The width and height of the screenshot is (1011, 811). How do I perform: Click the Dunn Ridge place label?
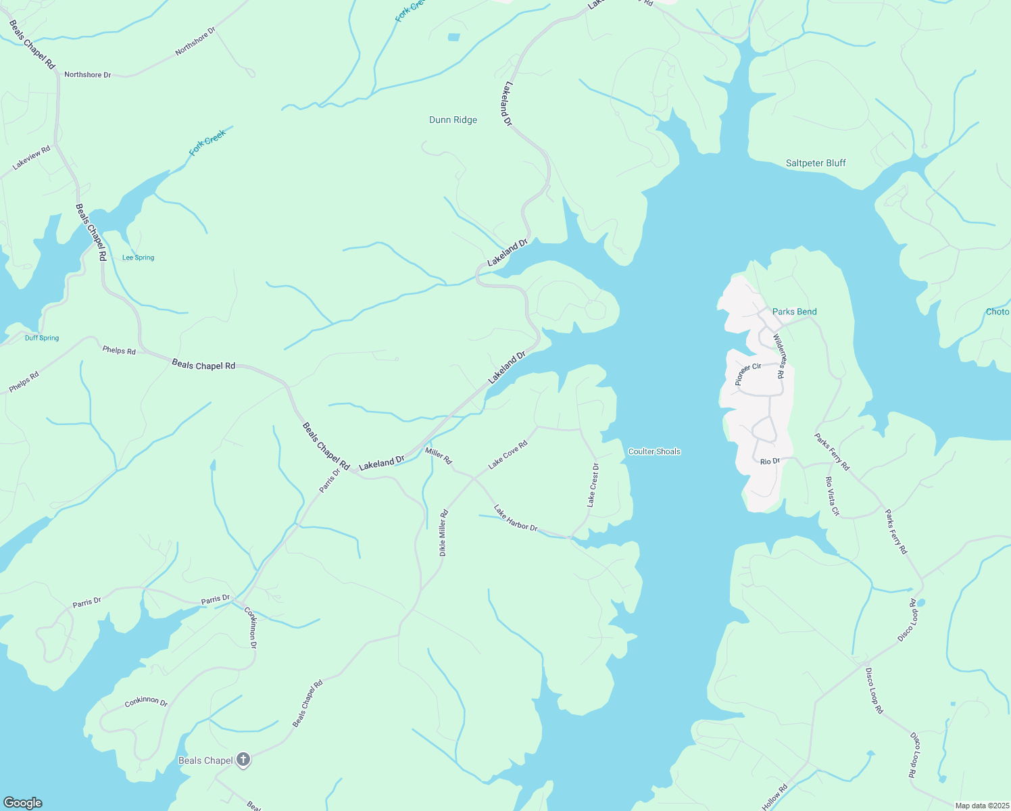(x=453, y=120)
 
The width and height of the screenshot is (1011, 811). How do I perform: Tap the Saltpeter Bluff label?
(x=816, y=163)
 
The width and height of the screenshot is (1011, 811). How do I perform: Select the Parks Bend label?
(x=794, y=312)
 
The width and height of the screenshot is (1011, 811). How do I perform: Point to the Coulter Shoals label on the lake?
(x=654, y=451)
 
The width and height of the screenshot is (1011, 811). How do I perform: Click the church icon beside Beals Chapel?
(x=243, y=760)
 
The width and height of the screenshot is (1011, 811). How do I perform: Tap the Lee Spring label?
(x=138, y=257)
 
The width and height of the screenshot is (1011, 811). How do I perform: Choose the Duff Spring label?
(x=42, y=338)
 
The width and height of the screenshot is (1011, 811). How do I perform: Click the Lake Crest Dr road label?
(x=593, y=485)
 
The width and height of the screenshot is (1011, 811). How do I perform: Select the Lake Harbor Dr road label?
(x=516, y=518)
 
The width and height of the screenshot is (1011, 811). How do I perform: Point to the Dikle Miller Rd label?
(x=443, y=533)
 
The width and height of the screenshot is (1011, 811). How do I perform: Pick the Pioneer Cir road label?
(x=748, y=374)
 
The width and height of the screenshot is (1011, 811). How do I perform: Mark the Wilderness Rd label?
(x=779, y=355)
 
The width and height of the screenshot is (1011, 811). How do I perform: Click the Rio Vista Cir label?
(x=832, y=496)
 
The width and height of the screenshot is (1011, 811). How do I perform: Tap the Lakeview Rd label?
(x=31, y=158)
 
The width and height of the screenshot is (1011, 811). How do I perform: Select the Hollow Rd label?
(x=774, y=797)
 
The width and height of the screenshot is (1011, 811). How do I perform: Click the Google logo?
(x=23, y=803)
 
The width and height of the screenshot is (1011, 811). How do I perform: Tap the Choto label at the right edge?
(x=997, y=312)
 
